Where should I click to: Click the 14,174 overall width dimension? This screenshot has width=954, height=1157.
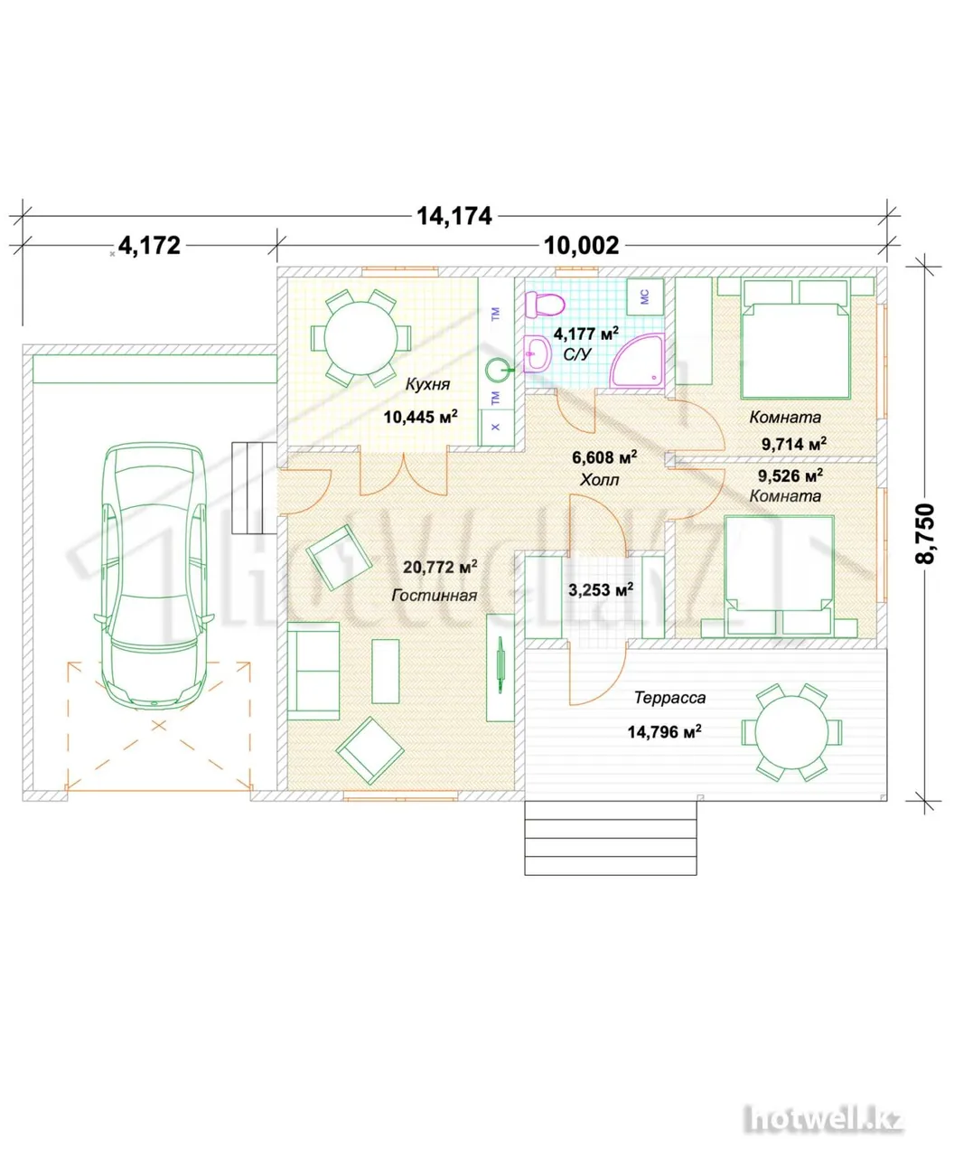pyautogui.click(x=454, y=216)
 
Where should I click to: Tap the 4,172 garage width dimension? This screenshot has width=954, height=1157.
pyautogui.click(x=150, y=246)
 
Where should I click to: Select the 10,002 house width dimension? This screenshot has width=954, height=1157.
pyautogui.click(x=581, y=246)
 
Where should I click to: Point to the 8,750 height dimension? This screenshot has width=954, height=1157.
pyautogui.click(x=925, y=533)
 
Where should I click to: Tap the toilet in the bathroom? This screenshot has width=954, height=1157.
pyautogui.click(x=544, y=305)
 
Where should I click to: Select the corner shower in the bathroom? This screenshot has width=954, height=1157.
pyautogui.click(x=637, y=361)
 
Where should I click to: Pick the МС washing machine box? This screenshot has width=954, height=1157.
pyautogui.click(x=645, y=297)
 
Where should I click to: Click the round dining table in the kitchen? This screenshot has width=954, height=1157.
pyautogui.click(x=360, y=337)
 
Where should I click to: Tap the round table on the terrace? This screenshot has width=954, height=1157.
pyautogui.click(x=791, y=732)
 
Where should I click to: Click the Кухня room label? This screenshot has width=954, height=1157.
pyautogui.click(x=427, y=384)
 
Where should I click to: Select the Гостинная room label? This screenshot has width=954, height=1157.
pyautogui.click(x=434, y=595)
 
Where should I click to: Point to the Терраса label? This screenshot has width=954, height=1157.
pyautogui.click(x=669, y=698)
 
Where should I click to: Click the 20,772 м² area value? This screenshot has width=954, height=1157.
pyautogui.click(x=440, y=568)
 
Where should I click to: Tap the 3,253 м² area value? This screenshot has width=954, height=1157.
pyautogui.click(x=601, y=589)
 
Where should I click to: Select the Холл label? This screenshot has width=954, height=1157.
pyautogui.click(x=599, y=480)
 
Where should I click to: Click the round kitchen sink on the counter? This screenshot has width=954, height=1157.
pyautogui.click(x=496, y=370)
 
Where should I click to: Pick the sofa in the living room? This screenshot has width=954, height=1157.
pyautogui.click(x=313, y=671)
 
